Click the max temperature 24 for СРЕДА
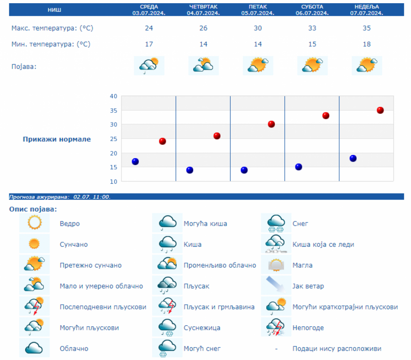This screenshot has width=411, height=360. coord(149,28)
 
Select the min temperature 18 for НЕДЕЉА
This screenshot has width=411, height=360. coord(367,44)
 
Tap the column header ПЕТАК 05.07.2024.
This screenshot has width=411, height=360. coord(258,10)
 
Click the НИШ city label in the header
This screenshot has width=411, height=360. coord(54,10)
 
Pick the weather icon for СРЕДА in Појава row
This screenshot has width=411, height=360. coord(149,66)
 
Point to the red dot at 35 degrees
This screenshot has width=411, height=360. coord(380,110)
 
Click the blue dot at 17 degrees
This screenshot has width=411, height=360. coord(135,161)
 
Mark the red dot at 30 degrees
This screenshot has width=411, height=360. coord(271,124)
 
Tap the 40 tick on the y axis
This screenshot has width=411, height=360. coord(113,96)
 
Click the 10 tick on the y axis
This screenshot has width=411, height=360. coord(113,181)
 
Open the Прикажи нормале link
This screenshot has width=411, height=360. coord(57,139)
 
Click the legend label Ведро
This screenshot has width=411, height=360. coord(69,224)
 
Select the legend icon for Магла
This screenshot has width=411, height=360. coord(277,265)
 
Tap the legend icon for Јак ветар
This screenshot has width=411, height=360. coord(277,286)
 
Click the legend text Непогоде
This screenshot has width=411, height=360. coord(308,328)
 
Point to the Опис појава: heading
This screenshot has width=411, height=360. coord(33,209)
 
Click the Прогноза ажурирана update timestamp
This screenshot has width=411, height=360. coord(60,197)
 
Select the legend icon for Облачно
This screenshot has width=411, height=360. coord(34,348)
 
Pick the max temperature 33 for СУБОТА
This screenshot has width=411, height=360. coord(312,28)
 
